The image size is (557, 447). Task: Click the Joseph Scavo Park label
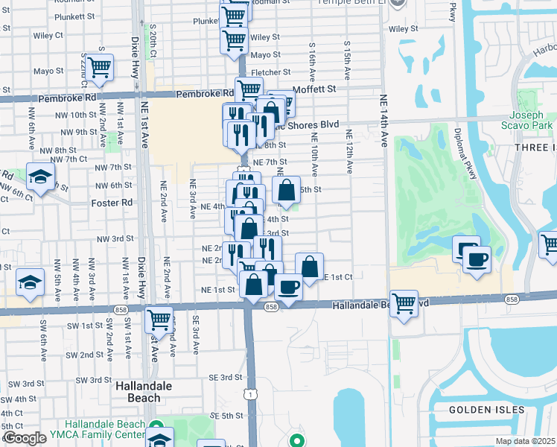(x=531, y=121)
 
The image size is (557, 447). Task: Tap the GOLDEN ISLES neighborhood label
(x=488, y=410)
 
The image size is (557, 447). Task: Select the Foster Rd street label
(x=112, y=202)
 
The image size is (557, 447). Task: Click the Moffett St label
(x=315, y=89)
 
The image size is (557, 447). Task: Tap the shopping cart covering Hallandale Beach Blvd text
(x=404, y=302)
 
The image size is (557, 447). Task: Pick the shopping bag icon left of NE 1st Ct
(x=310, y=266)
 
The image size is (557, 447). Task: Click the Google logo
(x=25, y=438)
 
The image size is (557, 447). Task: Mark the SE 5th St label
(x=227, y=415)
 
